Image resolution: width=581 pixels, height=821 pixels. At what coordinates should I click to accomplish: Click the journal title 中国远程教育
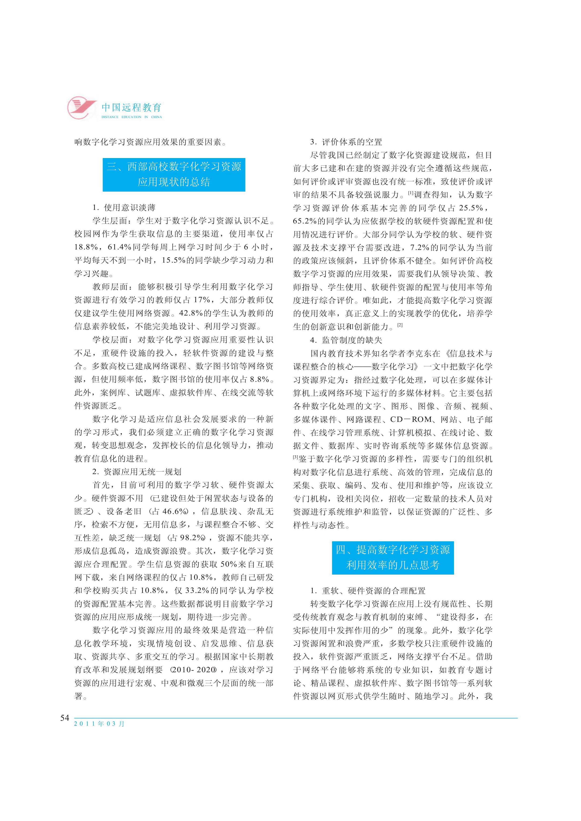pos(132,107)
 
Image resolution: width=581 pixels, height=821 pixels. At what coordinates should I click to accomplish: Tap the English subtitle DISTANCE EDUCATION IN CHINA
pos(132,117)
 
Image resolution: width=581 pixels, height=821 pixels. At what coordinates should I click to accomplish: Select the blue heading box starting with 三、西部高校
pos(174,175)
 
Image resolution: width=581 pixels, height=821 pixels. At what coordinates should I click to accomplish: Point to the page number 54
pos(65,718)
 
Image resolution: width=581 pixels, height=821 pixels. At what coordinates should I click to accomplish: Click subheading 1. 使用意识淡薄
pos(124,208)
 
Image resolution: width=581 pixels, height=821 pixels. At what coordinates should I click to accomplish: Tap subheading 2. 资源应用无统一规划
pos(137,472)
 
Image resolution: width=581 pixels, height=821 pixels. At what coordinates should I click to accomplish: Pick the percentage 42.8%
pos(191,313)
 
